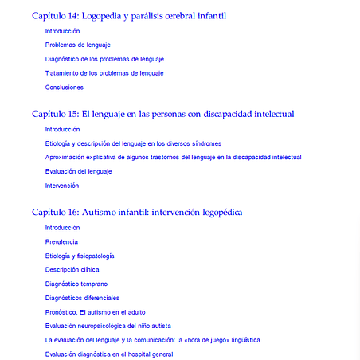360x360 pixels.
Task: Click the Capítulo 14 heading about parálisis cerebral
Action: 139,15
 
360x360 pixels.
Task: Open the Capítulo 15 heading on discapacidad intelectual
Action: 162,114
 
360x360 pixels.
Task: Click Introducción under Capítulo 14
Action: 63,31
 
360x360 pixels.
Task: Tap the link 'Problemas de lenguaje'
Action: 78,45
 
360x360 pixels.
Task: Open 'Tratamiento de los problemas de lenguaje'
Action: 104,73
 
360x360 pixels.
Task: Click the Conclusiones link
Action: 65,88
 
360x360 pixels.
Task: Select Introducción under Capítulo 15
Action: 63,129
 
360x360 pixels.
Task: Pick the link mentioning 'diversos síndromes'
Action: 134,143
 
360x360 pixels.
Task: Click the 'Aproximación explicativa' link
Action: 174,158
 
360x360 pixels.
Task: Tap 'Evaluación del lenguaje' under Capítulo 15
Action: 79,171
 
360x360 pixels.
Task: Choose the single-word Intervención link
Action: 62,186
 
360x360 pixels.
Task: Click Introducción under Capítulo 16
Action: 63,228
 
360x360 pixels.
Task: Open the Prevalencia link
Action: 61,241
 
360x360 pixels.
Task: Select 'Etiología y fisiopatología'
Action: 80,256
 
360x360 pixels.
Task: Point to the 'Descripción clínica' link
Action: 72,270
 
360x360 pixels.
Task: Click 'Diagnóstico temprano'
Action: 76,284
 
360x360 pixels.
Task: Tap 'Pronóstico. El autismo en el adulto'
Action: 96,312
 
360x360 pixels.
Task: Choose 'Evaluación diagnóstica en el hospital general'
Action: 109,354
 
